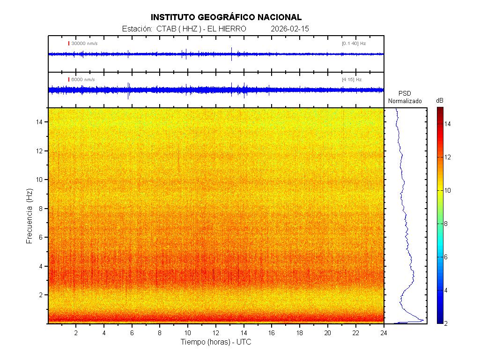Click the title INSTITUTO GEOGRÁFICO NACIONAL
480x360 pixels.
[x=226, y=17]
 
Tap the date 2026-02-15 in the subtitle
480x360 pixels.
[x=290, y=29]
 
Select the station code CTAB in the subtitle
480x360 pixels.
[x=166, y=29]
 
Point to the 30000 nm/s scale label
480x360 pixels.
[x=84, y=44]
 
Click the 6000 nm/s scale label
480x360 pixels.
[x=83, y=80]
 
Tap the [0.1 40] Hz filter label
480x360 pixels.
[x=354, y=44]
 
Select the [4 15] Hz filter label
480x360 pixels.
[x=352, y=80]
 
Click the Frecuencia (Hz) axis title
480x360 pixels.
[x=29, y=216]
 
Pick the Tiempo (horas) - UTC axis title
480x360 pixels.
[x=216, y=342]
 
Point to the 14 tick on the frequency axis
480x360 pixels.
[x=40, y=122]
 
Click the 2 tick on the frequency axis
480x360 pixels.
[x=42, y=295]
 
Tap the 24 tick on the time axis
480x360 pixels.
[x=384, y=332]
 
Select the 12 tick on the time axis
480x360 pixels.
[x=215, y=332]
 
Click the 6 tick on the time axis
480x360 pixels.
[x=132, y=332]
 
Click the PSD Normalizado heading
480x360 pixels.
[x=405, y=97]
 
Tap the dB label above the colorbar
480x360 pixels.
[x=440, y=101]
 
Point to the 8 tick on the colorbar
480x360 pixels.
[x=447, y=224]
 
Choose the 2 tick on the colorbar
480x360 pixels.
[x=447, y=323]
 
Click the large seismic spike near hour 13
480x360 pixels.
[x=231, y=53]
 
